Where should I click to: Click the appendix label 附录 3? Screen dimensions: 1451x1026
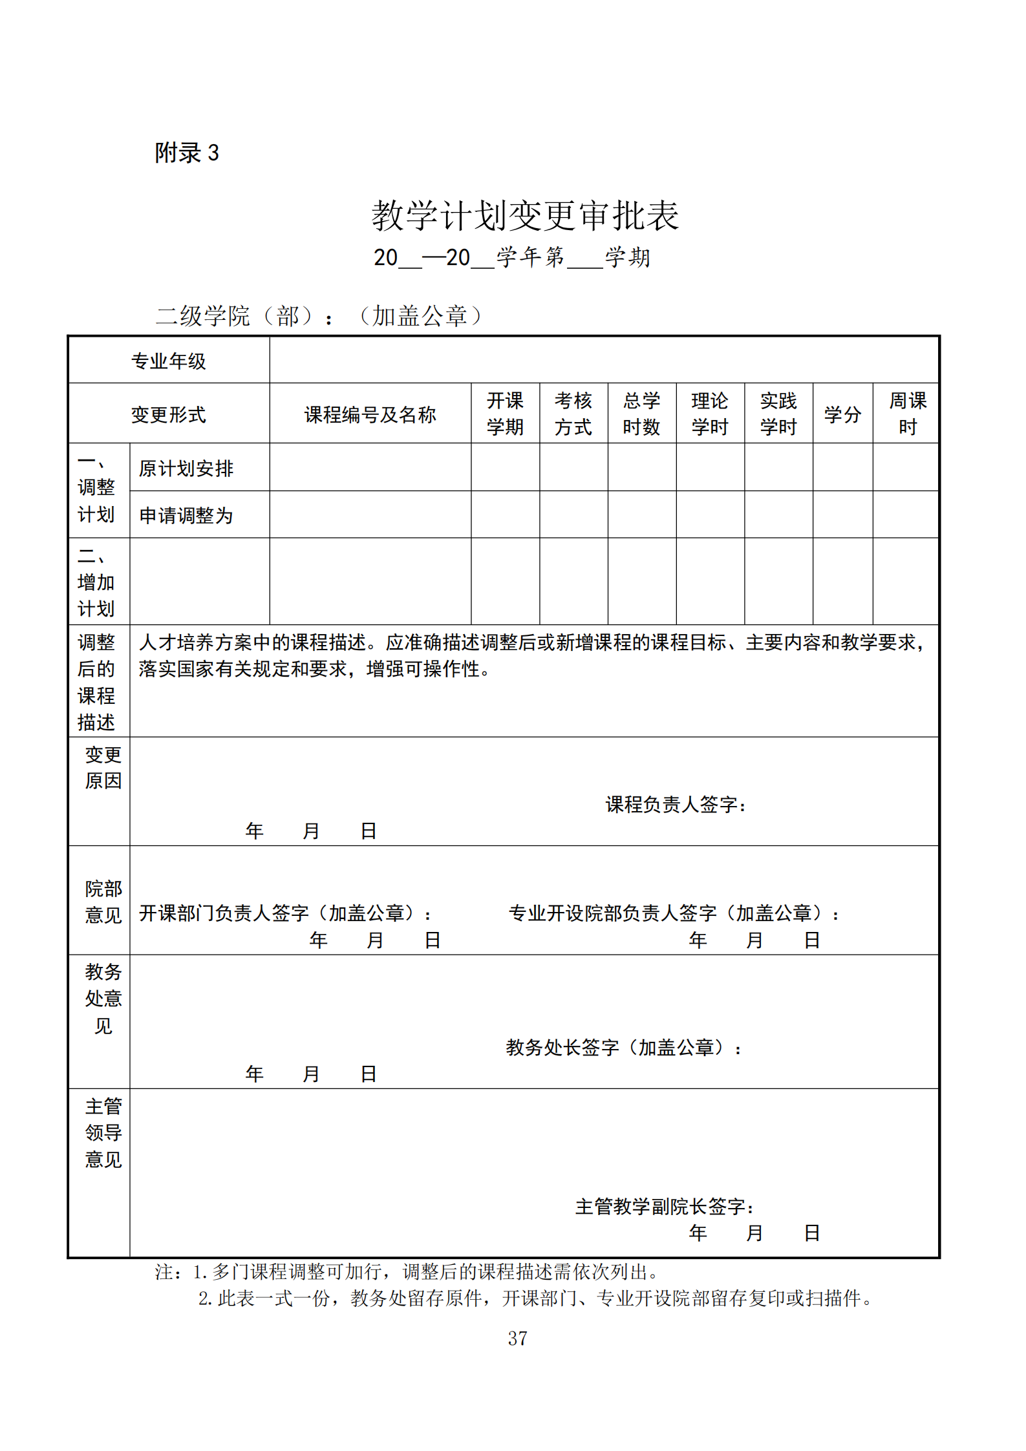click(187, 153)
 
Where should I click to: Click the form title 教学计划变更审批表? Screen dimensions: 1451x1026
click(524, 215)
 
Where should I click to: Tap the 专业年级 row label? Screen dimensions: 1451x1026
click(168, 361)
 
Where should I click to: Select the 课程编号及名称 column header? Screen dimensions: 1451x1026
click(370, 414)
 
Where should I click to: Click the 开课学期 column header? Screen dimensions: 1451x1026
click(505, 414)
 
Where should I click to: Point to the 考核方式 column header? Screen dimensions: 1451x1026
click(573, 414)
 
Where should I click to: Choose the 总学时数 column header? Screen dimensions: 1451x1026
click(641, 414)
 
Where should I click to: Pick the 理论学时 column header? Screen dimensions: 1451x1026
click(710, 414)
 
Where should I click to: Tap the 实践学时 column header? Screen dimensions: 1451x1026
click(778, 414)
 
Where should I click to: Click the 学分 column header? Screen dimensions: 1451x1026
click(842, 414)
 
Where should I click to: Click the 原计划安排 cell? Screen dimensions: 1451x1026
click(186, 468)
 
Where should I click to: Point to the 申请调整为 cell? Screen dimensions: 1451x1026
click(186, 515)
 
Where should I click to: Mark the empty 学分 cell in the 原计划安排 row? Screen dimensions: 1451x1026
click(842, 467)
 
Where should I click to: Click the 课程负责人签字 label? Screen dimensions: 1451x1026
click(676, 805)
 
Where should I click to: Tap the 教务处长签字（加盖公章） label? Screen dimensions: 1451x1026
click(623, 1047)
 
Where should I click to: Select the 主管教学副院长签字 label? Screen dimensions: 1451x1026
click(664, 1206)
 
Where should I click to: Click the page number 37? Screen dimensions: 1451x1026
click(517, 1338)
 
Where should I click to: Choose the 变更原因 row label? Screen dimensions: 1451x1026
click(103, 767)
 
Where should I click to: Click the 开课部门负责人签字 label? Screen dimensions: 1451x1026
click(284, 913)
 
